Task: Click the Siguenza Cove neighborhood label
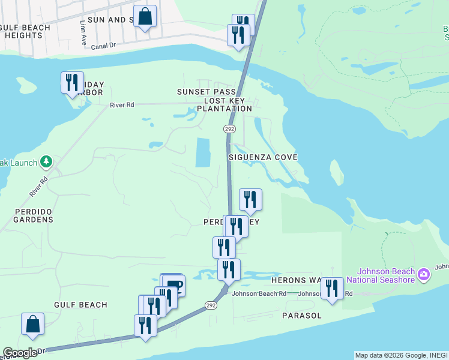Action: tap(263, 157)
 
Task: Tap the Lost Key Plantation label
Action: tap(228, 104)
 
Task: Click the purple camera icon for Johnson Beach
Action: tap(424, 274)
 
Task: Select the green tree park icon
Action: tap(46, 161)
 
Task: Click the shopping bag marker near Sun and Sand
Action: tap(145, 17)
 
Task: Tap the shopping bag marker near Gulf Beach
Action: tap(32, 325)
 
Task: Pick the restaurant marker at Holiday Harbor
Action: tap(72, 82)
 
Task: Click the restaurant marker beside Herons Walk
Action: tap(332, 288)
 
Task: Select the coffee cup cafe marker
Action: tap(173, 284)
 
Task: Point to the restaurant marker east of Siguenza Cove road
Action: tap(250, 199)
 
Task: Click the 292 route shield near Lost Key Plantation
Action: tap(229, 129)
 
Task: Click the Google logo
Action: tap(20, 353)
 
